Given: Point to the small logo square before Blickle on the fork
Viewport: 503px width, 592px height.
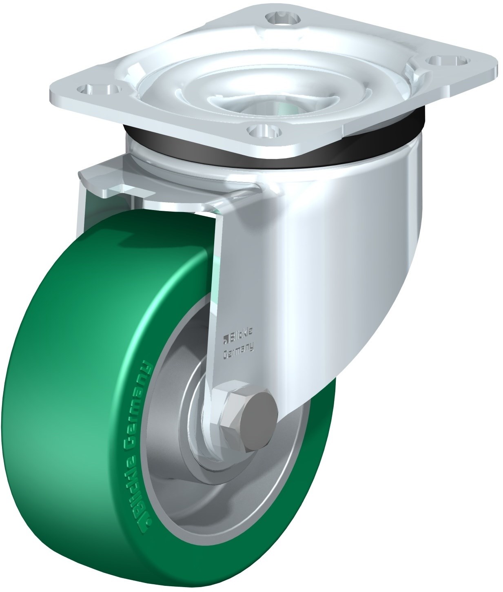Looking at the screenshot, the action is [225, 341].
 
